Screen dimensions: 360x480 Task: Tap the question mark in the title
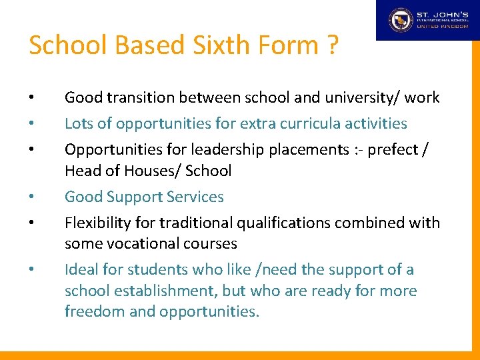[331, 45]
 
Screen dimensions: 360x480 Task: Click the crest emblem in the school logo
[401, 20]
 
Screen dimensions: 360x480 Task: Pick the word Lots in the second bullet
[79, 123]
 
